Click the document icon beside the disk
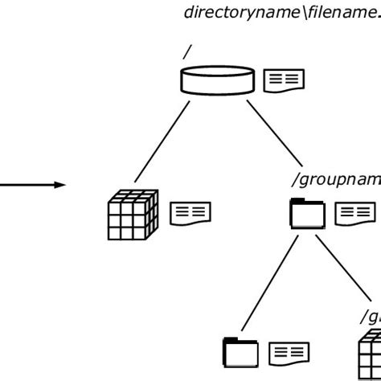(284, 80)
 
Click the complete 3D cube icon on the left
(133, 215)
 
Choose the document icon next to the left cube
(190, 214)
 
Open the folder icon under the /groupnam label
(307, 214)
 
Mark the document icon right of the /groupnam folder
(354, 213)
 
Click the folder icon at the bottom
(240, 353)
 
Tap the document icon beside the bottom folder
(289, 352)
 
